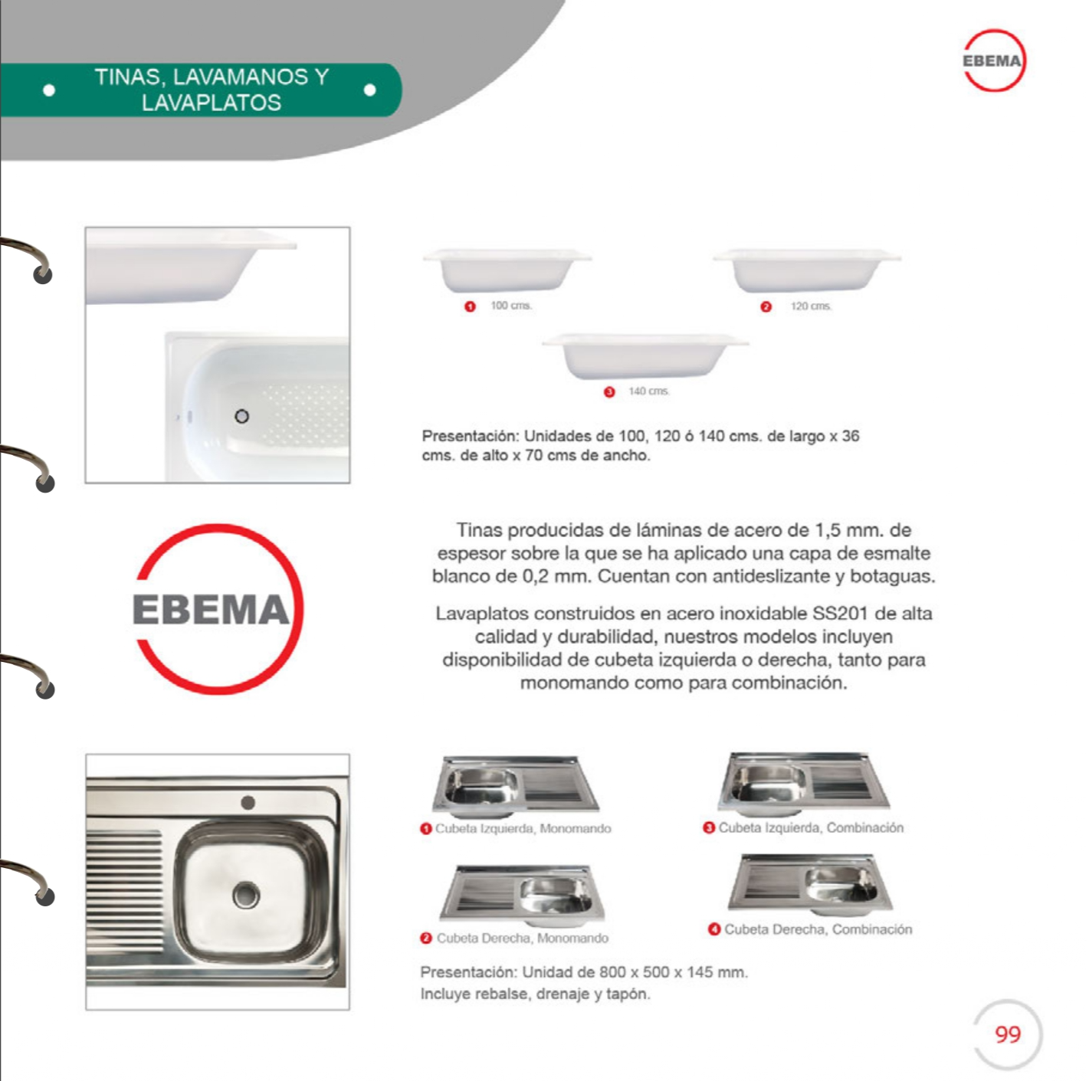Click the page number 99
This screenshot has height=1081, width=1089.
1007,1035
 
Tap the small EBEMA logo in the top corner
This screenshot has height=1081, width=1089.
993,61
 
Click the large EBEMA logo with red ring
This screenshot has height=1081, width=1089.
218,609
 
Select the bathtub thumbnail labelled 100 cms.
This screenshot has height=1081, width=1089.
507,270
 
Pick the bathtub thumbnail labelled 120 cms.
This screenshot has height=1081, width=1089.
806,270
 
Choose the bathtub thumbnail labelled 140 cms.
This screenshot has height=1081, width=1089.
645,355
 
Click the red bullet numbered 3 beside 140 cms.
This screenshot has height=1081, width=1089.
609,392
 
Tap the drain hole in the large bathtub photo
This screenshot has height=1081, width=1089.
241,417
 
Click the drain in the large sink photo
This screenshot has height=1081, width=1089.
247,895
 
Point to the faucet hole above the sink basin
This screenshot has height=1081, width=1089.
248,802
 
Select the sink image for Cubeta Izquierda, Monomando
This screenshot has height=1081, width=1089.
516,786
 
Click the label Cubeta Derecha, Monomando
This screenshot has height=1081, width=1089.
522,938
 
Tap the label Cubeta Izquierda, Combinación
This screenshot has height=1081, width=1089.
811,828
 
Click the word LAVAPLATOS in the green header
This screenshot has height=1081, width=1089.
212,103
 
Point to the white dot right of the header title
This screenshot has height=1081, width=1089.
370,90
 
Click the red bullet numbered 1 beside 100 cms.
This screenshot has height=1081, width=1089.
471,307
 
